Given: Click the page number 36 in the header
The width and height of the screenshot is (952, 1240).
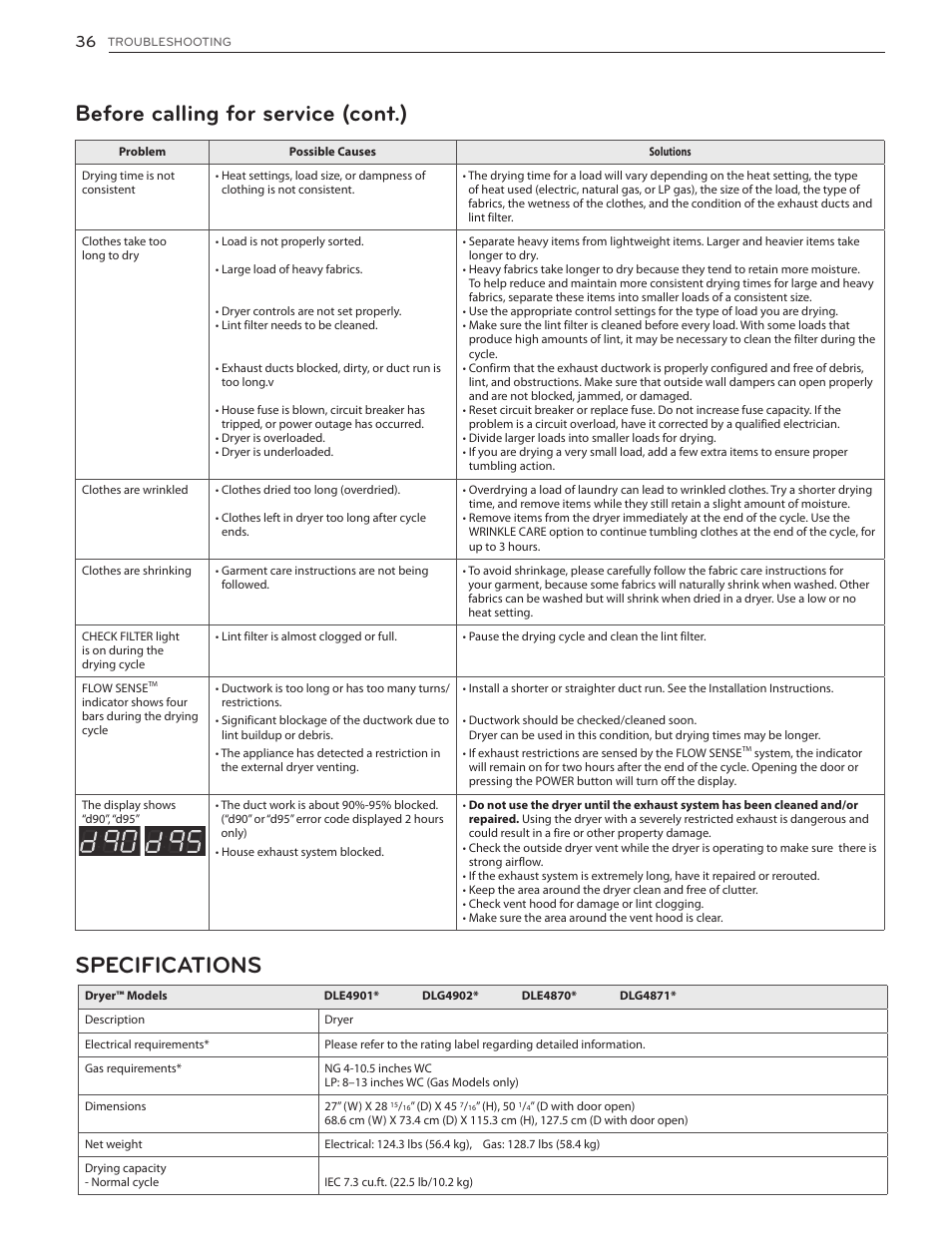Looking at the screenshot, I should point(85,41).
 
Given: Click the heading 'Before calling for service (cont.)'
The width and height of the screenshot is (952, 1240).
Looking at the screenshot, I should point(240,114).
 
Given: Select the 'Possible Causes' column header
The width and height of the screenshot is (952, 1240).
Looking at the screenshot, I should point(332,152).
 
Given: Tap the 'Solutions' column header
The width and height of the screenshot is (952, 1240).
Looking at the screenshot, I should point(670,152).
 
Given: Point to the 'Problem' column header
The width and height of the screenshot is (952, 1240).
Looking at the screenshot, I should point(142,152).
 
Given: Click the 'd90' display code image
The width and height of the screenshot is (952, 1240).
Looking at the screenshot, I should point(109,844).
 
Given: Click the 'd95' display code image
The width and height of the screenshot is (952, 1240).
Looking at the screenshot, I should point(174,844).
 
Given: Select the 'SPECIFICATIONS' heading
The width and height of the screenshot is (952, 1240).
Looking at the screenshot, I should point(168,965).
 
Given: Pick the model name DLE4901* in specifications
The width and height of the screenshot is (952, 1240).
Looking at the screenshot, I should point(351,996).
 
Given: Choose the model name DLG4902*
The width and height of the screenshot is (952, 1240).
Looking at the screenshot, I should point(450,996).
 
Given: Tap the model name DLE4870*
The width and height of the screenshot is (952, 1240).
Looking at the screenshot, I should point(549,996).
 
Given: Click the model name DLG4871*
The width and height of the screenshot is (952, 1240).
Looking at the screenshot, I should point(648,996).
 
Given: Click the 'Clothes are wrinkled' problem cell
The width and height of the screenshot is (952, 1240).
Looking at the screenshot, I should point(135,490).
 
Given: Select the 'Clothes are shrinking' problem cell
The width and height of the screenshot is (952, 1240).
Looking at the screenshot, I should point(137,571).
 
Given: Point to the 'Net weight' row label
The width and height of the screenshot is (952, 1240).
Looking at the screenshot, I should point(113,1144).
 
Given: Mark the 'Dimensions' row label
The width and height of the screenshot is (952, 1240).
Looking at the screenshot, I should point(115,1106).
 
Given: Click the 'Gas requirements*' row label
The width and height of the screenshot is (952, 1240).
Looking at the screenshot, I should point(133,1068).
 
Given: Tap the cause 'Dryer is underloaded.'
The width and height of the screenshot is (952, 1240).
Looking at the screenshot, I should point(276,452).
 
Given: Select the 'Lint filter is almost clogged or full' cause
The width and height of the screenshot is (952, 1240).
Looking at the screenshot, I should point(308,636).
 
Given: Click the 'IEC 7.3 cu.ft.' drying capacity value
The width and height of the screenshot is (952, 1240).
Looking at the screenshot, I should point(398,1182).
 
